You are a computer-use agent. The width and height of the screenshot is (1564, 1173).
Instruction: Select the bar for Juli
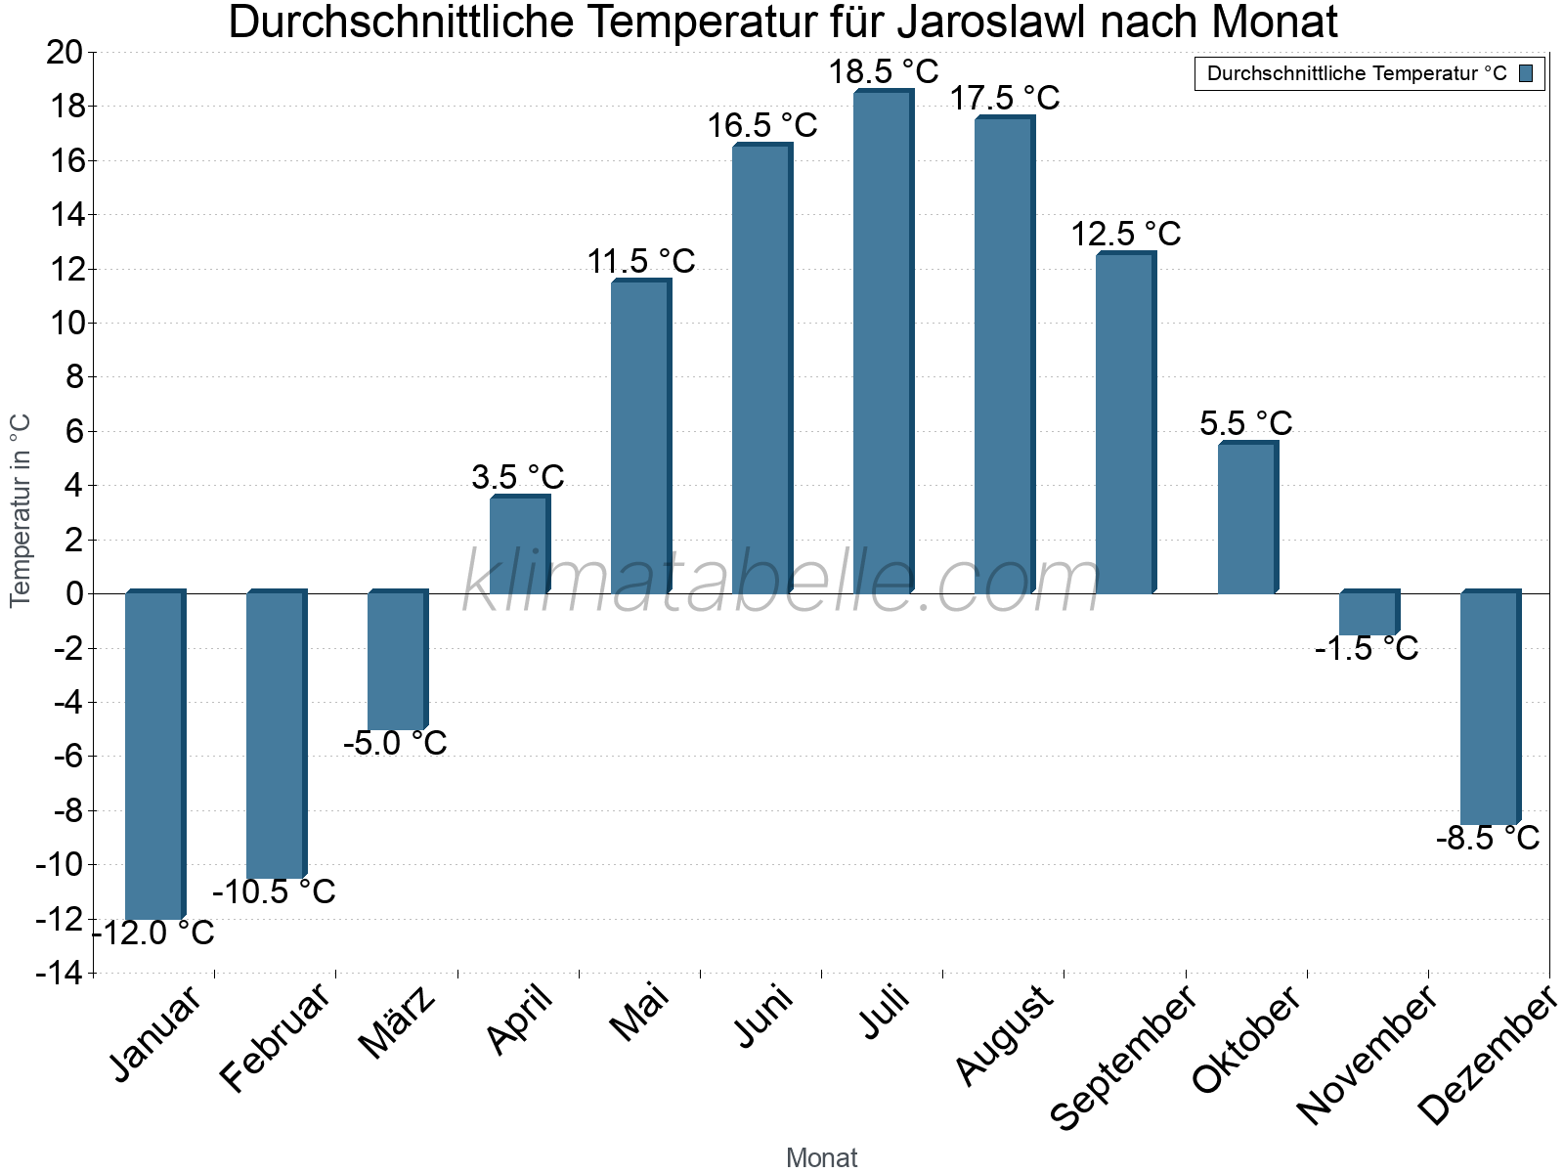883,342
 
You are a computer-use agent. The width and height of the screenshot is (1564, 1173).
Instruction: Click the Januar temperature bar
154,755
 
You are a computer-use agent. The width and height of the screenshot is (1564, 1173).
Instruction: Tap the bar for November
1368,613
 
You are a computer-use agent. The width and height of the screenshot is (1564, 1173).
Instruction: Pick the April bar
519,544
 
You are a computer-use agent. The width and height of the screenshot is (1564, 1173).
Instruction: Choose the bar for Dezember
1489,708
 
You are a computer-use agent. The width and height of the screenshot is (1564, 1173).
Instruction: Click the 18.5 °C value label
884,72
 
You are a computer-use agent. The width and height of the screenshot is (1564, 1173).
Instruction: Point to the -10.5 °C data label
274,891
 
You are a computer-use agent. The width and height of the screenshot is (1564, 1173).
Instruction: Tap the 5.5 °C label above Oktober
1245,423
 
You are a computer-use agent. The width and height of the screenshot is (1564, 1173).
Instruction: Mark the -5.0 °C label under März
395,743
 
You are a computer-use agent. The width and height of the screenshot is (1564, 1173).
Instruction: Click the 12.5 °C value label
1126,235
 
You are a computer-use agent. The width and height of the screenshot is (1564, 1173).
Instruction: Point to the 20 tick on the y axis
65,52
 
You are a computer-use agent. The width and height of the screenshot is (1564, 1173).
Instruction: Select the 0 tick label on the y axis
75,593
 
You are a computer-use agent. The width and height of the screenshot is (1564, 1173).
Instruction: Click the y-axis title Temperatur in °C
21,510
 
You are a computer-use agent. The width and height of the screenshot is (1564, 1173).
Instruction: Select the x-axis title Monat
821,1157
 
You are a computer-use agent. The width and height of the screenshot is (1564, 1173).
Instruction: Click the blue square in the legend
1526,73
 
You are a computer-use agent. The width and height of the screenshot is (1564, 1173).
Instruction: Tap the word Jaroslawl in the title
1002,22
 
